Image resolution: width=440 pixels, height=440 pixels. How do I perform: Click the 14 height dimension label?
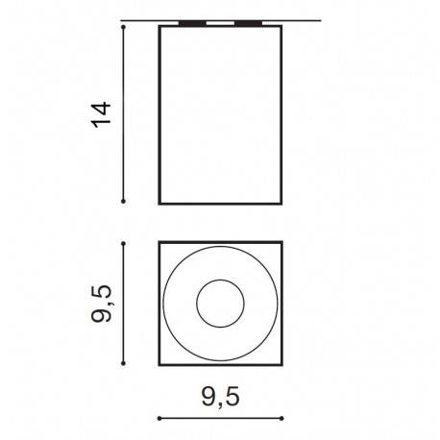(101, 114)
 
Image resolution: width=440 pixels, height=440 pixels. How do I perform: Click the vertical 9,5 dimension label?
(101, 304)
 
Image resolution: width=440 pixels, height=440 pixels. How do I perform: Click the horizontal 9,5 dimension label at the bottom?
(220, 398)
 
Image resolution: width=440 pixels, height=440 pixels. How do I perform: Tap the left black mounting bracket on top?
(192, 23)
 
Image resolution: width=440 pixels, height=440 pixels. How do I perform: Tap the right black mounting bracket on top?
(248, 23)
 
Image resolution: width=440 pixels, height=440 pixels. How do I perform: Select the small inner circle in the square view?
(220, 281)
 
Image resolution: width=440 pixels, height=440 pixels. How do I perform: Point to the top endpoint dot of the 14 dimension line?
(123, 27)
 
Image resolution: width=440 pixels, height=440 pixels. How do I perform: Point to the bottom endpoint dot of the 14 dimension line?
(123, 201)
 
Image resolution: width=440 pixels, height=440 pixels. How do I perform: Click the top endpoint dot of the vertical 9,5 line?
(123, 244)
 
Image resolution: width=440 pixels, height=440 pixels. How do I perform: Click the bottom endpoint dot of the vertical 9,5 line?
(123, 363)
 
